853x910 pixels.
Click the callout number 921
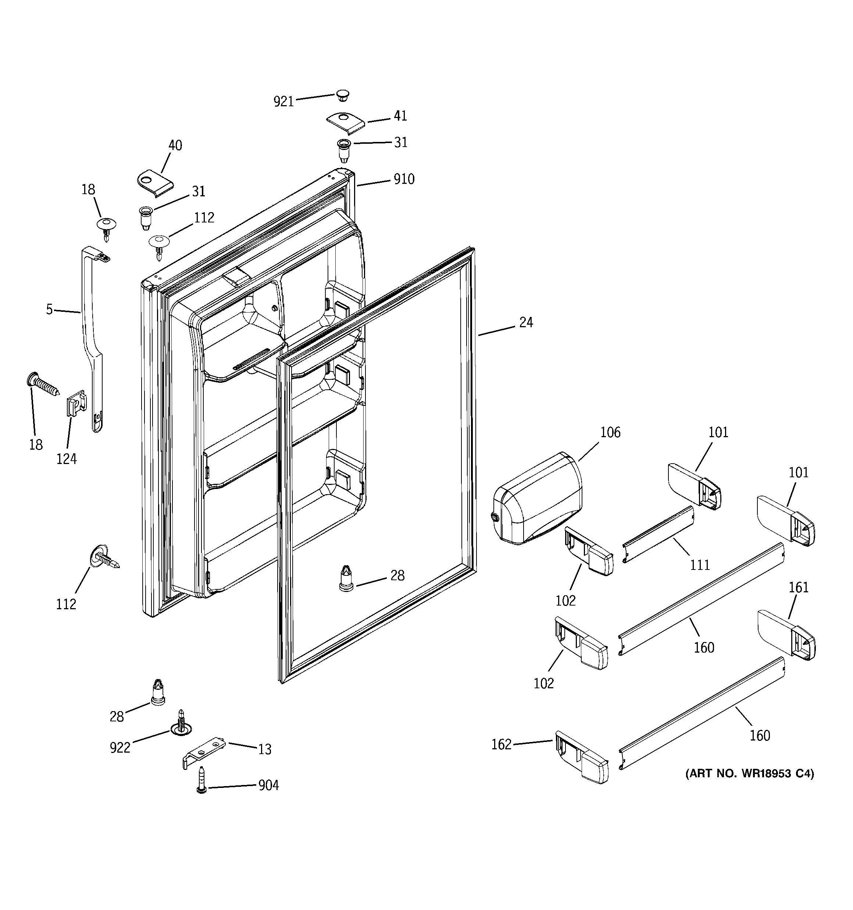pyautogui.click(x=283, y=101)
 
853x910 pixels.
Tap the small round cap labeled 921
pyautogui.click(x=342, y=95)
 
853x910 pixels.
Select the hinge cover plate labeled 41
pyautogui.click(x=346, y=123)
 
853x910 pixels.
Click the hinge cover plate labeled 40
pyautogui.click(x=155, y=183)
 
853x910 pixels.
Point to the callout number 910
pyautogui.click(x=404, y=179)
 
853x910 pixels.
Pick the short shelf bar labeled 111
pyautogui.click(x=659, y=534)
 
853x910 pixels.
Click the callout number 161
pyautogui.click(x=799, y=587)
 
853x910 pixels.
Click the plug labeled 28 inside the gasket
pyautogui.click(x=346, y=578)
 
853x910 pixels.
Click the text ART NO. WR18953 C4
pyautogui.click(x=750, y=774)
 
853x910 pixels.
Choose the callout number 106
pyautogui.click(x=610, y=432)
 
